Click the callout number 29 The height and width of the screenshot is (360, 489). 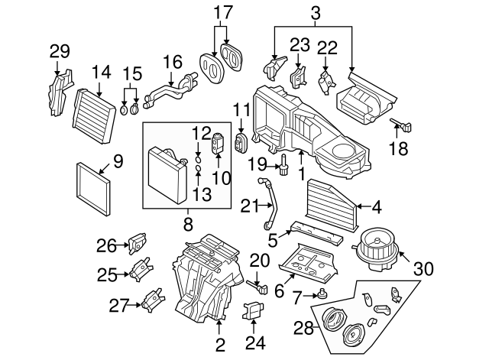pyautogui.click(x=60, y=52)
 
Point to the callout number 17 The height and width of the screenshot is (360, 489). pyautogui.click(x=222, y=13)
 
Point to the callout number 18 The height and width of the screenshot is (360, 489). pyautogui.click(x=399, y=150)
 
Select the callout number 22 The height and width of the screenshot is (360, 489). pyautogui.click(x=327, y=47)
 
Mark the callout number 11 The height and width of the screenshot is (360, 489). pyautogui.click(x=241, y=109)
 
